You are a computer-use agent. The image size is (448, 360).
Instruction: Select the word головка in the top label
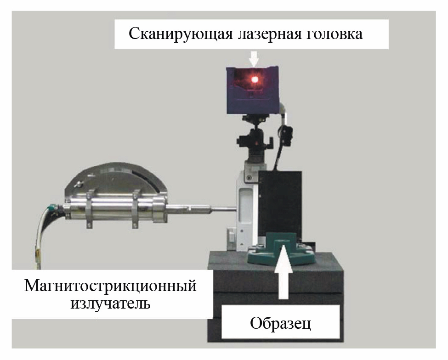click(x=335, y=34)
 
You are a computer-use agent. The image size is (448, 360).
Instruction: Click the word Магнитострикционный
click(x=111, y=286)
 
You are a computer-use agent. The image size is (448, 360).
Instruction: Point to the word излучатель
click(x=111, y=304)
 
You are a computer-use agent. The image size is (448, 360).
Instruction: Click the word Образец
click(x=280, y=323)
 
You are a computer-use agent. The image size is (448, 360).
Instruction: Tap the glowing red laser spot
click(x=254, y=79)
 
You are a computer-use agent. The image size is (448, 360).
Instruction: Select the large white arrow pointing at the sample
click(x=283, y=271)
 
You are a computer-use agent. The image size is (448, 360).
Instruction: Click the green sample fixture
click(x=281, y=251)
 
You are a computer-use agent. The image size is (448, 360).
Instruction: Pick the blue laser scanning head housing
click(x=253, y=90)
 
